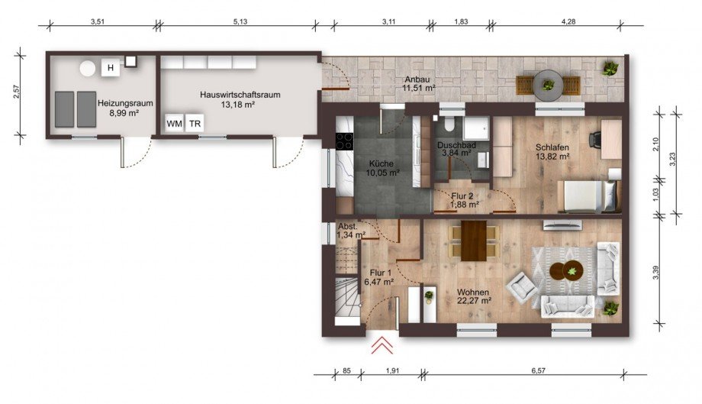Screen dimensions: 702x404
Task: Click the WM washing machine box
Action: coord(174,123)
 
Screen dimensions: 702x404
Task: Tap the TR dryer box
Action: coord(195,123)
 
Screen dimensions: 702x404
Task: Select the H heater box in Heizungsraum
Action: coord(111,68)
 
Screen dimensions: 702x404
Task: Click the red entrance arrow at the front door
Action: coord(382,345)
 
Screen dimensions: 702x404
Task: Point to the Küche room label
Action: coord(382,163)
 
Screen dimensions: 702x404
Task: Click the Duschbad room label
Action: coord(456,145)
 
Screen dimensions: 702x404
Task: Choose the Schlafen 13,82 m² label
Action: coord(552,152)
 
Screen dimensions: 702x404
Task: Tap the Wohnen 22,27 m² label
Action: coord(474,296)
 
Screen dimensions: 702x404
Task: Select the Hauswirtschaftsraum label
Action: coord(240,95)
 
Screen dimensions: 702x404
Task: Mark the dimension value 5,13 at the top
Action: coord(240,21)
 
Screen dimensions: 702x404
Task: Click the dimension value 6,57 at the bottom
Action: coord(538,370)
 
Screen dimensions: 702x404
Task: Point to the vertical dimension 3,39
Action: coord(656,273)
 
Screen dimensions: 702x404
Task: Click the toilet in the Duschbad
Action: coord(449,123)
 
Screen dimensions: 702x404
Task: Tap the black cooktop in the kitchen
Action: coord(344,141)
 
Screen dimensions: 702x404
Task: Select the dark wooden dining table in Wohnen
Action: coord(474,241)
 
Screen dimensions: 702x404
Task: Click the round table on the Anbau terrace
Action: coord(548,85)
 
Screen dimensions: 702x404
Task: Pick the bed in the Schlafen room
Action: coord(589,196)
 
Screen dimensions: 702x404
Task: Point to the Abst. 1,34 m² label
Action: coord(352,230)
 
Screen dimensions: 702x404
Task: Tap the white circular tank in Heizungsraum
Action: coord(88,69)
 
